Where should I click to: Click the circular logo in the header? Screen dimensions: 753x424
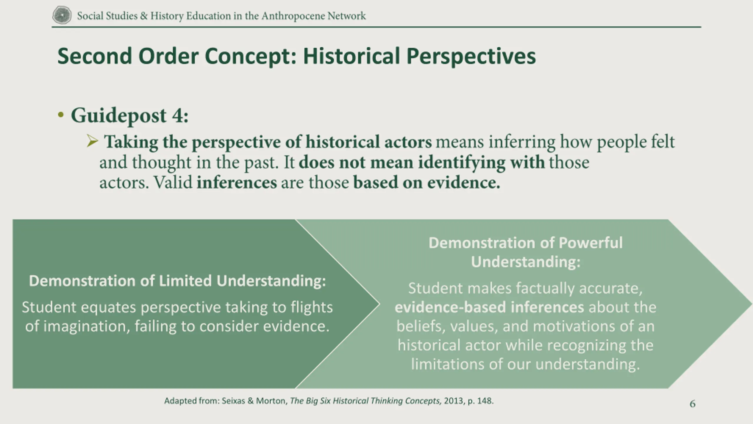62,15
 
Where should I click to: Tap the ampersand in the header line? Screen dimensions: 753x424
144,16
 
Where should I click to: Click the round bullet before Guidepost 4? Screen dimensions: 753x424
61,115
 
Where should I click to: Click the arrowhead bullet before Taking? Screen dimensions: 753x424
92,141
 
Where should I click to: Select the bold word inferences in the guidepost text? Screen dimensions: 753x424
237,182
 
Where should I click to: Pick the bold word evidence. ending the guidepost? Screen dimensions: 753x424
464,182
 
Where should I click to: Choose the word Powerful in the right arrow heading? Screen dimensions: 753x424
590,243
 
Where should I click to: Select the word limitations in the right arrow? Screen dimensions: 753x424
448,364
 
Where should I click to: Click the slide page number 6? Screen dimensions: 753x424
693,404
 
